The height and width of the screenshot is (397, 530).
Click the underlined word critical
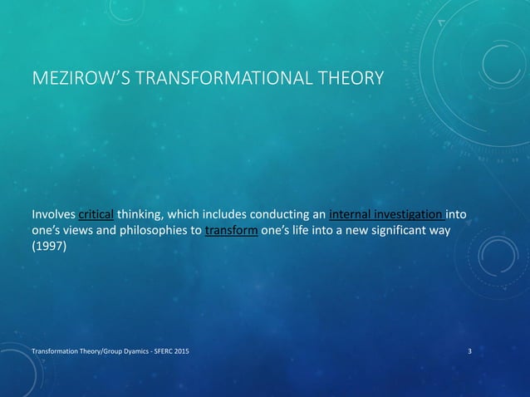(x=96, y=213)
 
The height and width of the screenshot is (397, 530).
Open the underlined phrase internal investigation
(x=385, y=213)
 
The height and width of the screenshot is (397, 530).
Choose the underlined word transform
(x=231, y=231)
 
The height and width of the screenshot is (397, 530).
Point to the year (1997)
(x=49, y=248)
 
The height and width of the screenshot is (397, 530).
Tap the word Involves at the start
(x=53, y=213)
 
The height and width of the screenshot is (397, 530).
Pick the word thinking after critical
(x=139, y=213)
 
